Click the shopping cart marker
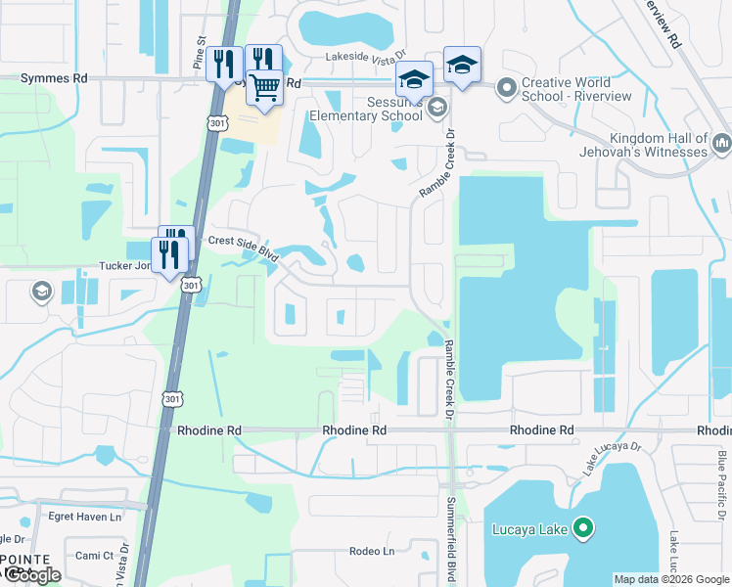[264, 87]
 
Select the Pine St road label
[200, 60]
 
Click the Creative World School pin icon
[506, 89]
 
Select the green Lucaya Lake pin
[584, 530]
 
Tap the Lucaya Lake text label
[533, 531]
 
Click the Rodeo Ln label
[372, 551]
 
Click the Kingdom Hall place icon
[722, 145]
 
